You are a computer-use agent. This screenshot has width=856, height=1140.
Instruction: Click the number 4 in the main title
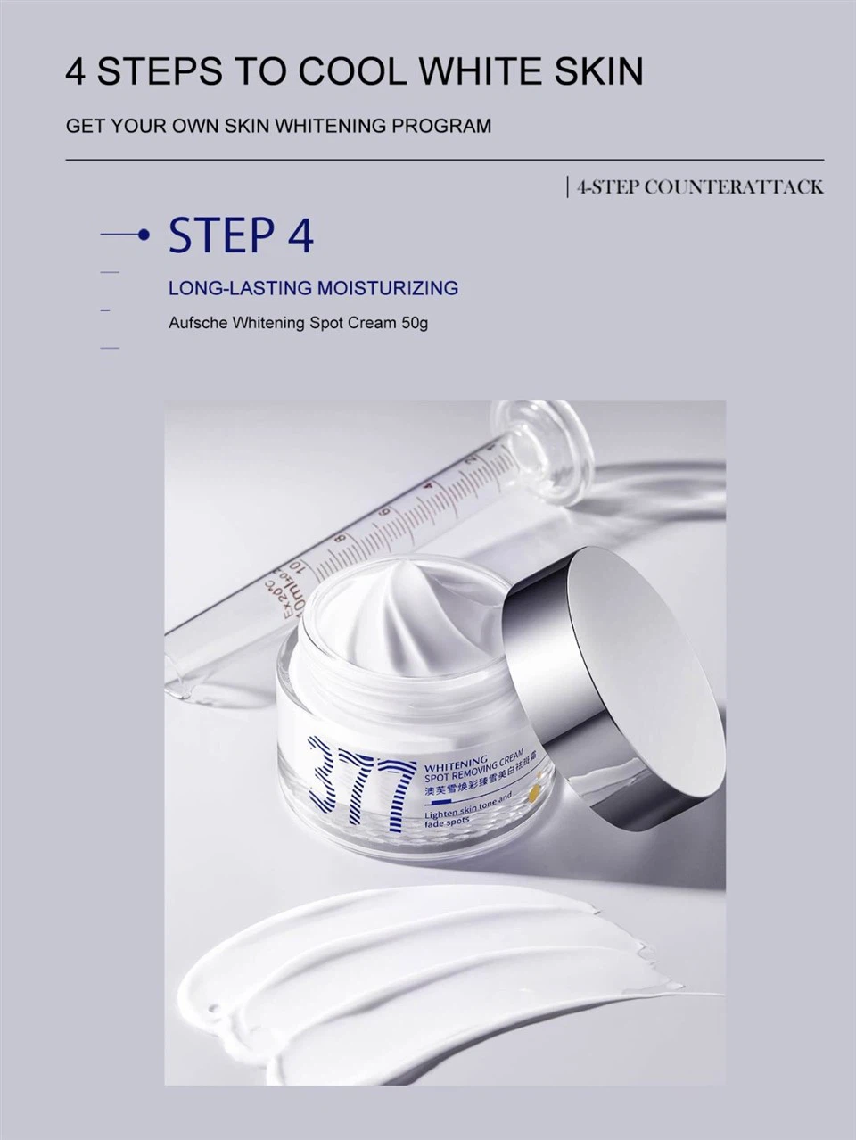pos(77,71)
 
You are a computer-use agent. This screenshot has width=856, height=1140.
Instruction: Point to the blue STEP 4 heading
pos(241,235)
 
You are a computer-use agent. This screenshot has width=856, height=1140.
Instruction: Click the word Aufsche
pos(198,322)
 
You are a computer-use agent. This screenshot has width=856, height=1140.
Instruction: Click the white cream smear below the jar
pos(446,972)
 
